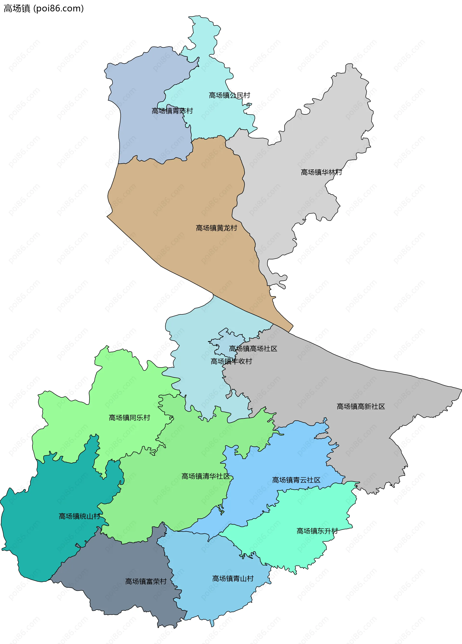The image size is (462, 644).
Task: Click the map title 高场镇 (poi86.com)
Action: pos(44,8)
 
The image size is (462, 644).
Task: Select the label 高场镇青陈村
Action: pos(172,111)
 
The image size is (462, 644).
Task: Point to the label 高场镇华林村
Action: pos(321,172)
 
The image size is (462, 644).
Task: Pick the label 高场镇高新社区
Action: pos(360,406)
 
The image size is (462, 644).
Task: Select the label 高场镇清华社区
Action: pos(205,476)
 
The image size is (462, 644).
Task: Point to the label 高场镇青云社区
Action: pos(296,480)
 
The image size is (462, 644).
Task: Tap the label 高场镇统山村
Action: pos(79,516)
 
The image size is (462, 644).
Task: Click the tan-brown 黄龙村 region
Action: pos(176,199)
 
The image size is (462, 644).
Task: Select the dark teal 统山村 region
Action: pos(43,539)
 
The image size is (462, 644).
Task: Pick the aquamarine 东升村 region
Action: pos(299,554)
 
